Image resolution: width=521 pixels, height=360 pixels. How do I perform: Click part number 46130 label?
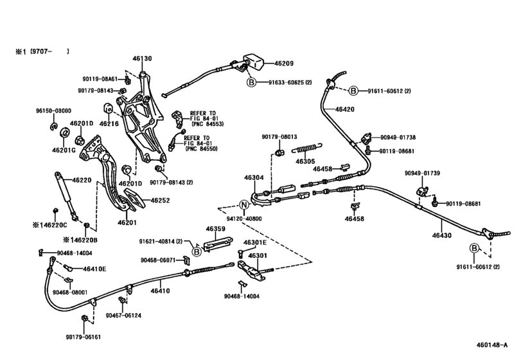coord(142,59)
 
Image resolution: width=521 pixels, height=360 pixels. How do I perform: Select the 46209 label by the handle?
coord(284,63)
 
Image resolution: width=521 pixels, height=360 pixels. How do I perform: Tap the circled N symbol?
coord(244,205)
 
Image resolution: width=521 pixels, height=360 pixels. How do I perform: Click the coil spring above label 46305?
coord(307,148)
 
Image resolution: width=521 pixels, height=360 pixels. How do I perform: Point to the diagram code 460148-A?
coord(491,345)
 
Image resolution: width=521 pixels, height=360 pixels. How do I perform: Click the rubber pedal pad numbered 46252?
coord(134,200)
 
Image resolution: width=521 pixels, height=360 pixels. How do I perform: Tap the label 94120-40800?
coord(244,219)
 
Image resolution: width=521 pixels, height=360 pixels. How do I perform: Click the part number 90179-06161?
coord(83,337)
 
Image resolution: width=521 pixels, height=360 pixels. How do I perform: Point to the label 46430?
coord(441,235)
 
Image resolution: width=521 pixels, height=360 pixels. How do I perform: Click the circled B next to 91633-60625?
coord(252,82)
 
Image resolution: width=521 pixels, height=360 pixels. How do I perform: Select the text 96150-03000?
coord(53,111)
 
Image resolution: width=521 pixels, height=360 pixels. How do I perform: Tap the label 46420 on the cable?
coord(345,109)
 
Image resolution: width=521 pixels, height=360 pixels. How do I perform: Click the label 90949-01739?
coord(422,173)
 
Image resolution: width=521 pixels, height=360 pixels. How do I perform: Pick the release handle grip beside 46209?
coord(254,62)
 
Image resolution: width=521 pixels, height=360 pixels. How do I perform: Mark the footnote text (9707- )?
coord(49,51)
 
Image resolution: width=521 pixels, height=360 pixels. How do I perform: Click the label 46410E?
coord(94,269)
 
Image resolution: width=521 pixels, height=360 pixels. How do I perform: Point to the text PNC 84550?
coord(202,149)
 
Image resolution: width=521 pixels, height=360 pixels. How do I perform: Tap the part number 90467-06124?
coord(123,315)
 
